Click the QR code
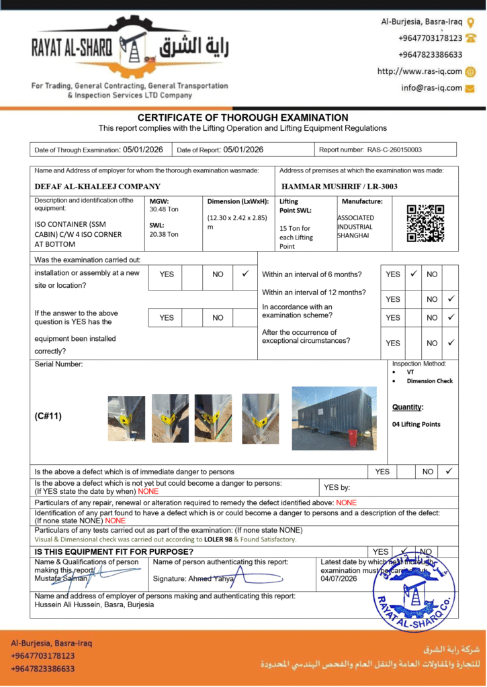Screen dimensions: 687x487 [x=425, y=223]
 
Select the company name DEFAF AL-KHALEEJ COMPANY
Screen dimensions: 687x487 [x=97, y=187]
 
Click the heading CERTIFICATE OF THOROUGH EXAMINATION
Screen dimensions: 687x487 [x=243, y=117]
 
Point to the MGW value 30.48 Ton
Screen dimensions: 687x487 [x=164, y=209]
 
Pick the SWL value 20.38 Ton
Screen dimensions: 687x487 [x=164, y=234]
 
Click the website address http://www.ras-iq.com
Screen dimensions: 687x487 [x=420, y=71]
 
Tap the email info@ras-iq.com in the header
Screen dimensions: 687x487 [x=432, y=88]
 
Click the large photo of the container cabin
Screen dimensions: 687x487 [x=334, y=418]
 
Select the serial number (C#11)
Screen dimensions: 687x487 [x=48, y=416]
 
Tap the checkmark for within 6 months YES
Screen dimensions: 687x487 [x=413, y=274]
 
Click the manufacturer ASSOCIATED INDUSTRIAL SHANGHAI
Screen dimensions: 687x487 [x=356, y=227]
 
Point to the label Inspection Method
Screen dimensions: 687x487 [x=419, y=364]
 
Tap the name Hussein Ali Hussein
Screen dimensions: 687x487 [x=63, y=604]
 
